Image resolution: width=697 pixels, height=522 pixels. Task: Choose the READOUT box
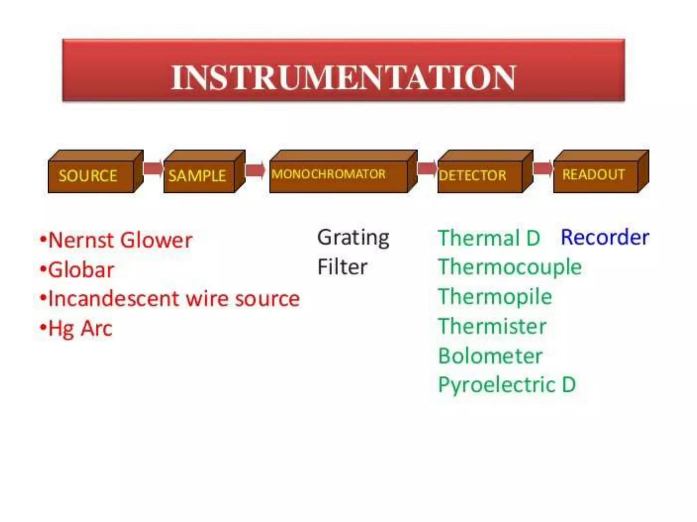596,175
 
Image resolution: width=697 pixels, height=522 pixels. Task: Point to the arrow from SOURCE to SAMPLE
153,168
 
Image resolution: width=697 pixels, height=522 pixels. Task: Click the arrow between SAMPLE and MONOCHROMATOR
255,170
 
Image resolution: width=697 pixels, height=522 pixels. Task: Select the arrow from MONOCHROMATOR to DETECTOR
426,168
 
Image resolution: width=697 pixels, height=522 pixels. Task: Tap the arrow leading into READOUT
542,168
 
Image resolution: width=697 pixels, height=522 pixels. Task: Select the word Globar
81,270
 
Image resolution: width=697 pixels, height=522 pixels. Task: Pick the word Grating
353,238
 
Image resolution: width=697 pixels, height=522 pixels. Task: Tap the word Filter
342,267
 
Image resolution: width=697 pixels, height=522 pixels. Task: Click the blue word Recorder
605,237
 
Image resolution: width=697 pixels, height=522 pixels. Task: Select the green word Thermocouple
509,267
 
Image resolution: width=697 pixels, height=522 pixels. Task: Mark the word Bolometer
490,356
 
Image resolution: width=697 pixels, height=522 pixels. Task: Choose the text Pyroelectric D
506,385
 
